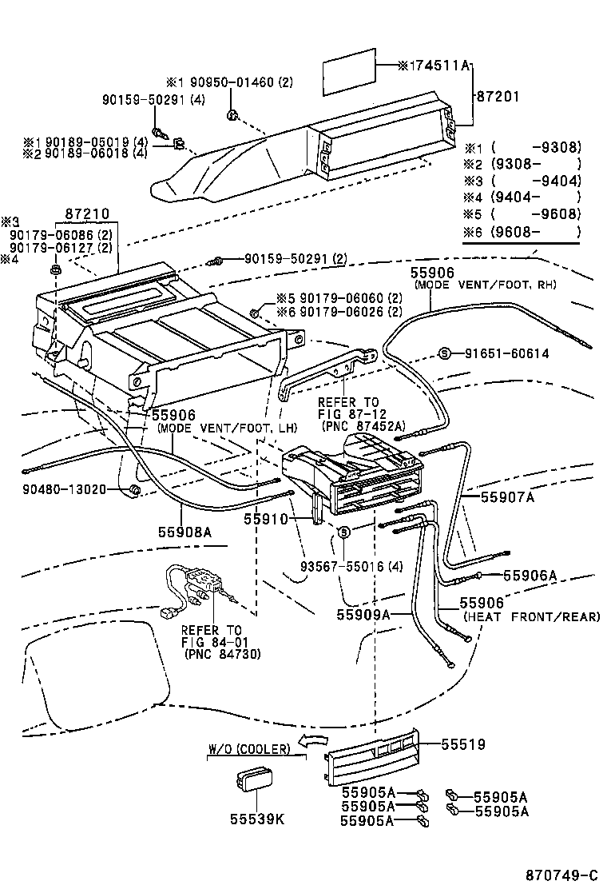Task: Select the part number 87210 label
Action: tap(88, 215)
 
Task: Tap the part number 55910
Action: tap(266, 518)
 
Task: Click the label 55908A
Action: tap(184, 529)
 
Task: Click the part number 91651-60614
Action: tap(507, 353)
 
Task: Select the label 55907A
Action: tap(508, 496)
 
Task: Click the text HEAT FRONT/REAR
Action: tap(532, 616)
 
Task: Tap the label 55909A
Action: tap(363, 615)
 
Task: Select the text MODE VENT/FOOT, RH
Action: tap(485, 285)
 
